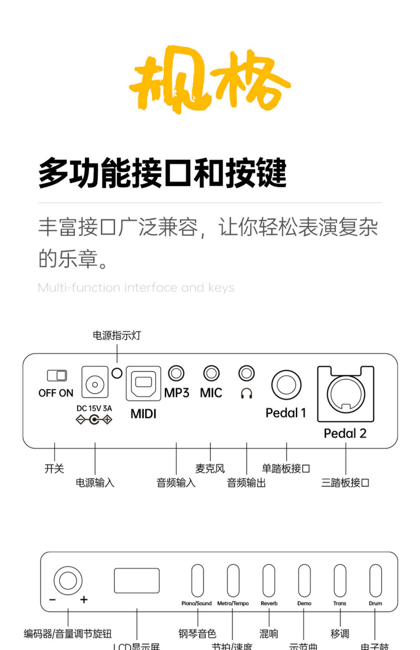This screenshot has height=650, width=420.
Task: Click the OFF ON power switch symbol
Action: pyautogui.click(x=57, y=375)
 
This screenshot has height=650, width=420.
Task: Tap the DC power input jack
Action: pyautogui.click(x=95, y=384)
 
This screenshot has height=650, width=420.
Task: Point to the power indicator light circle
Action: pyautogui.click(x=117, y=373)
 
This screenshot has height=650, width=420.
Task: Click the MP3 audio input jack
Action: pyautogui.click(x=176, y=373)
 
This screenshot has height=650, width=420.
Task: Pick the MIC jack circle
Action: pyautogui.click(x=211, y=373)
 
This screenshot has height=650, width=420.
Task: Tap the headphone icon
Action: pyautogui.click(x=246, y=393)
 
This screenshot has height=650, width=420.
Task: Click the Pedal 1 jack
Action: pyautogui.click(x=286, y=385)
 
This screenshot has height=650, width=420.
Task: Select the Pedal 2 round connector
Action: pyautogui.click(x=346, y=394)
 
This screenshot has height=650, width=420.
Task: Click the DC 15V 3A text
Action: pyautogui.click(x=94, y=408)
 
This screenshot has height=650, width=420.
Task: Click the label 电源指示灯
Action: pyautogui.click(x=117, y=335)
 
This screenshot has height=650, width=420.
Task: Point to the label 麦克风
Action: pyautogui.click(x=210, y=468)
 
